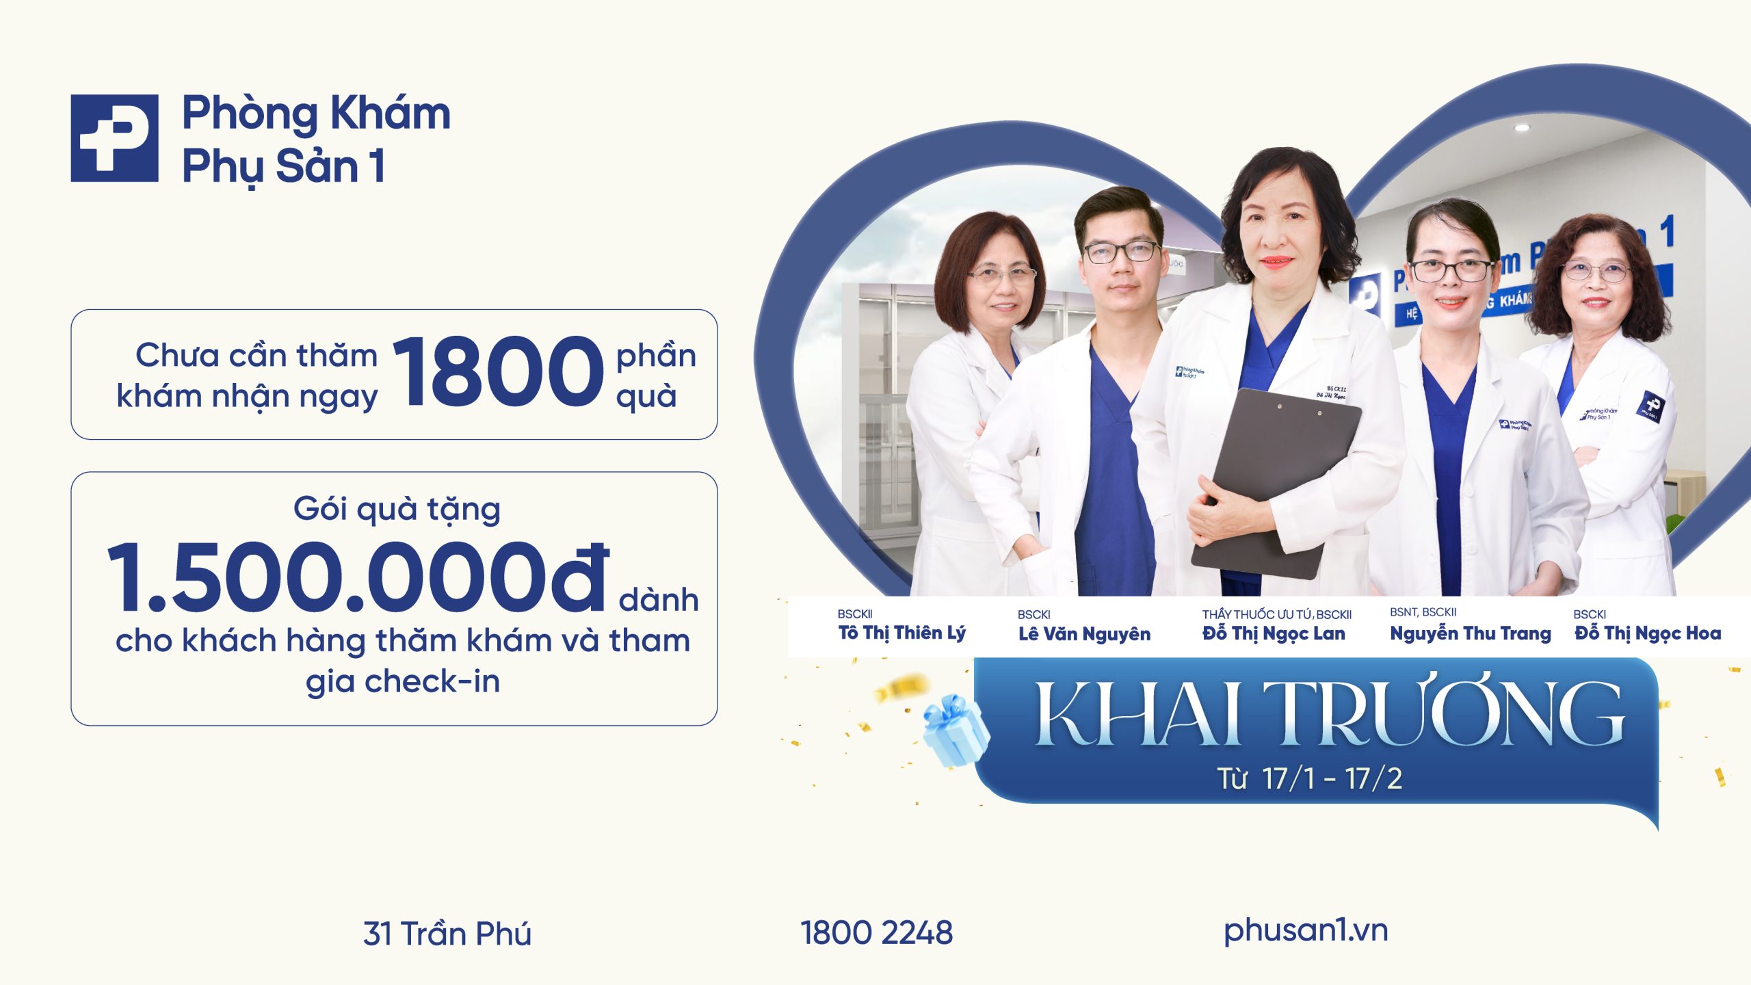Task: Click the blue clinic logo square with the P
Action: coord(114,138)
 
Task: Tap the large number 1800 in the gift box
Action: coord(498,373)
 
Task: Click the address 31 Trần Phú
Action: coord(447,934)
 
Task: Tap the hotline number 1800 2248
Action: coord(876,933)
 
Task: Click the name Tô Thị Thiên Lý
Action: coord(901,633)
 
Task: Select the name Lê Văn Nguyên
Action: coord(1084,634)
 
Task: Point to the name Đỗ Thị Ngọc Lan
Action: coord(1274,634)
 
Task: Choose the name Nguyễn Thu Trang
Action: coord(1470,633)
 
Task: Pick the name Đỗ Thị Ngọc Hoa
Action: coord(1647,633)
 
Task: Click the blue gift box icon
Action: coord(955,731)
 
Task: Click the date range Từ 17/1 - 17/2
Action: coord(1309,778)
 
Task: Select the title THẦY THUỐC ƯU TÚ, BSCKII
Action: coord(1276,614)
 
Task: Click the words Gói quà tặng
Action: coord(397,510)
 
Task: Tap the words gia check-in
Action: coord(403,681)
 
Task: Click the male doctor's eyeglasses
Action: coord(1120,252)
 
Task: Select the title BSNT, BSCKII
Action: coord(1423,612)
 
